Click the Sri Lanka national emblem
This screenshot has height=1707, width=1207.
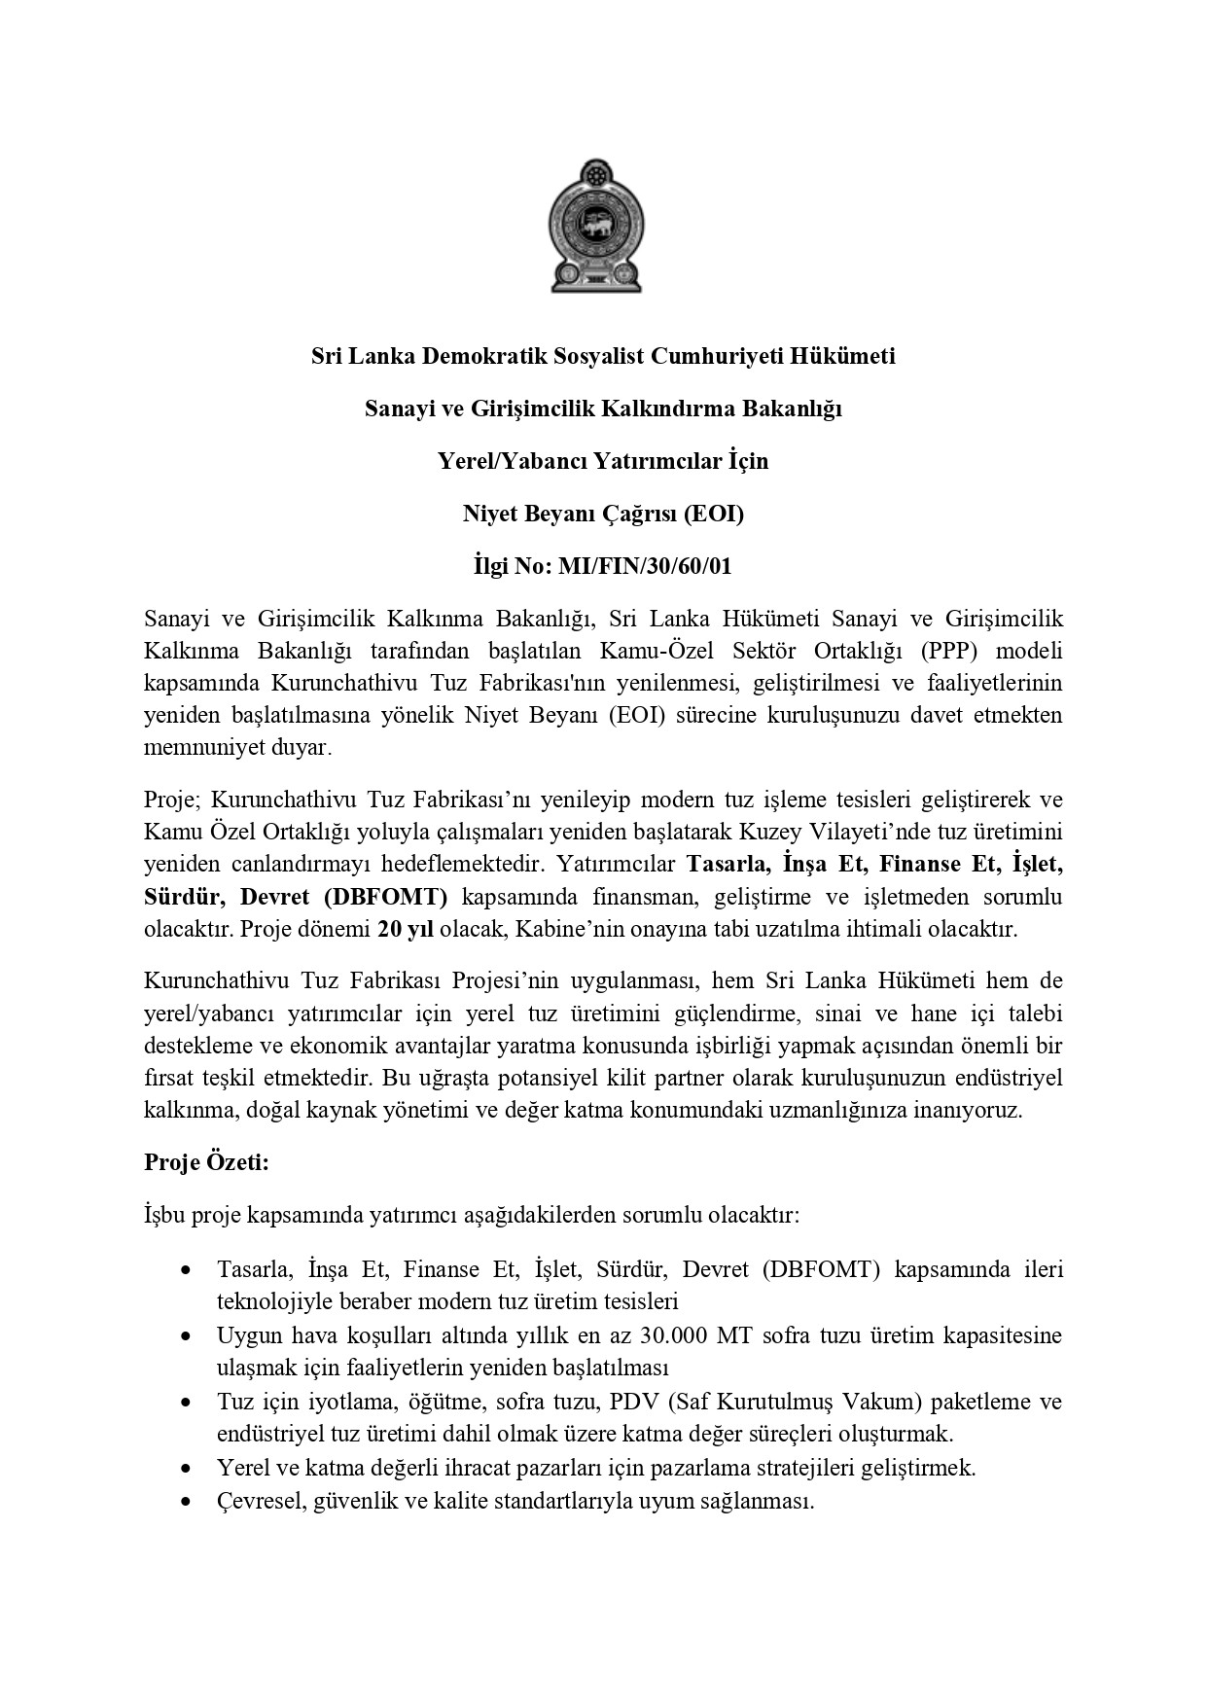(595, 227)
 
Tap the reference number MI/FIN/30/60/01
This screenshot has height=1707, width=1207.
(644, 566)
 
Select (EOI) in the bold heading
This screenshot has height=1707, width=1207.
(712, 514)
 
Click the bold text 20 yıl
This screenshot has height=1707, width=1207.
(405, 929)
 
